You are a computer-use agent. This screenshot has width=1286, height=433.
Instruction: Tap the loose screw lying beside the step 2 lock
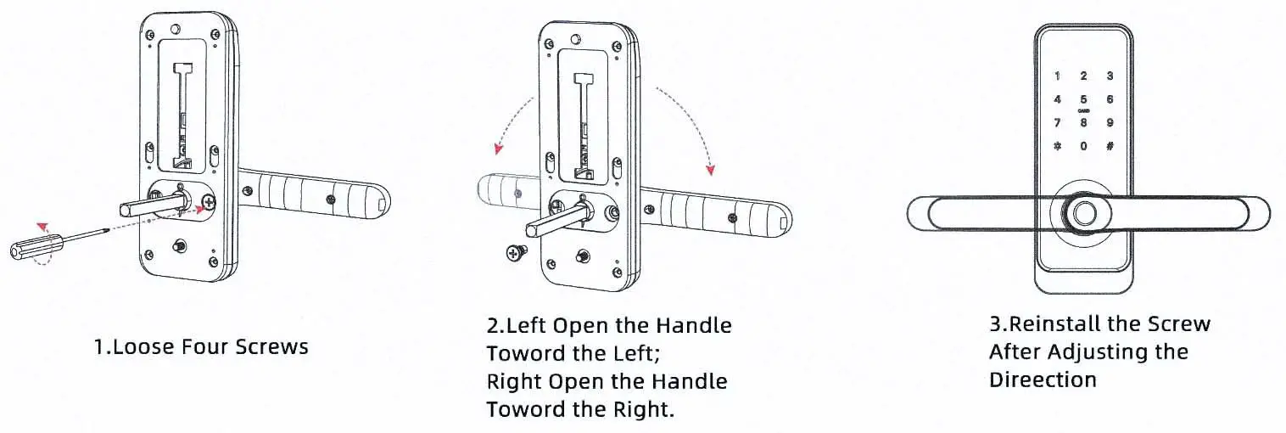(514, 252)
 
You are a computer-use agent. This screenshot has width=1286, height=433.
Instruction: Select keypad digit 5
(1083, 99)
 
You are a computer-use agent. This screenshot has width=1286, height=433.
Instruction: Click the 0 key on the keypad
(1083, 146)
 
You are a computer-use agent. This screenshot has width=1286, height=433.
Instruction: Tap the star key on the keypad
(1057, 146)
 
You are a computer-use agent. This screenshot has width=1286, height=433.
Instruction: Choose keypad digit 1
(1057, 76)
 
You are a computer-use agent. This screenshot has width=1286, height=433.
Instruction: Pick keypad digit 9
(1110, 122)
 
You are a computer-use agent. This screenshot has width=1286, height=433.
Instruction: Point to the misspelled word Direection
(1043, 380)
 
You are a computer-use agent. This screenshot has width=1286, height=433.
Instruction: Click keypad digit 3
(1110, 76)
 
